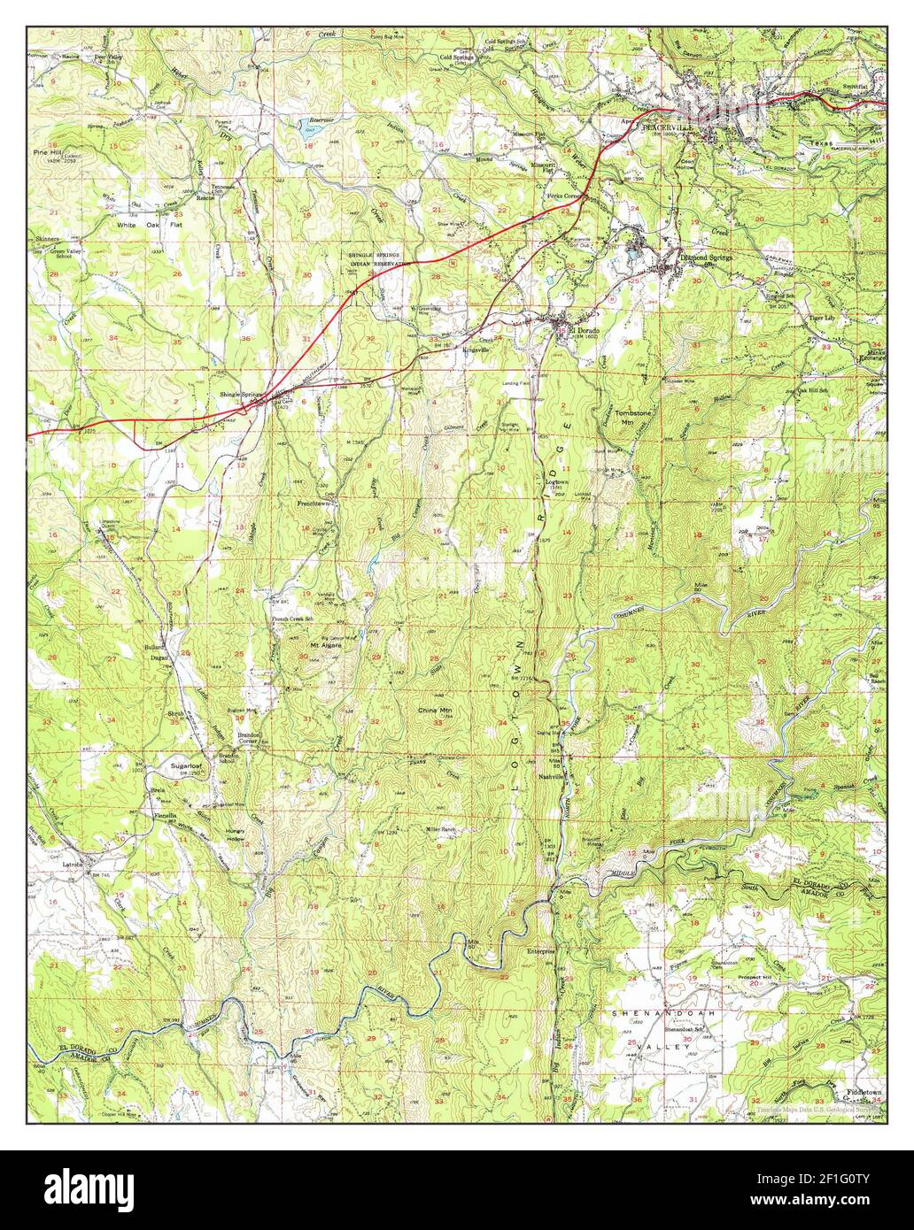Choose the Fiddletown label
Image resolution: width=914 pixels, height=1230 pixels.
[x=864, y=1092]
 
